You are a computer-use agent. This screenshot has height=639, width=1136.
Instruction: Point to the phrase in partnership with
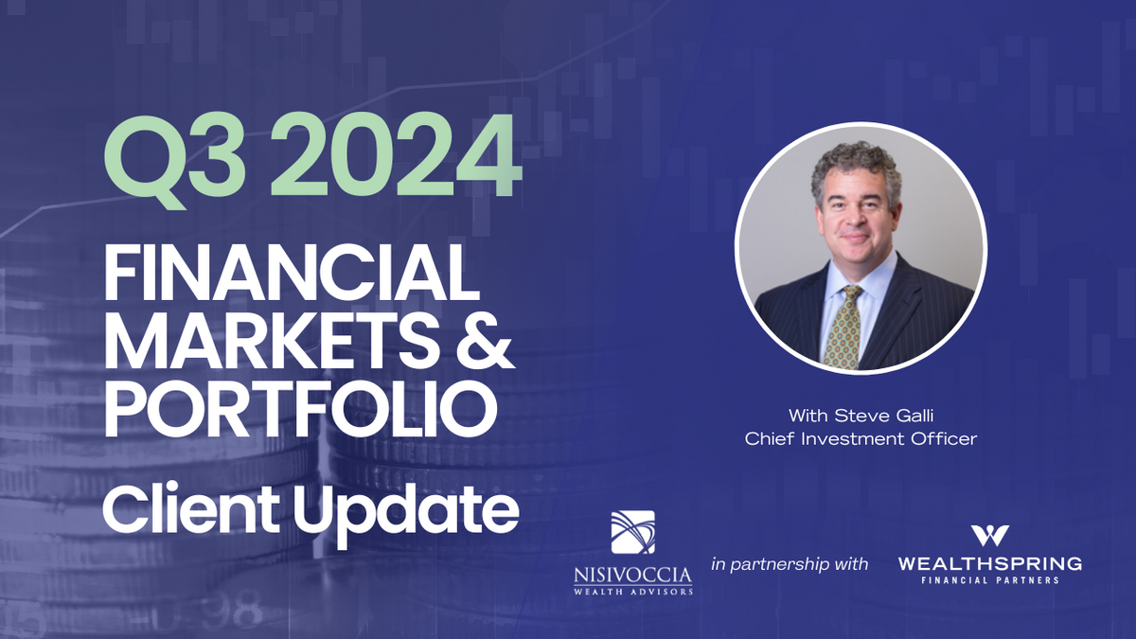pos(790,564)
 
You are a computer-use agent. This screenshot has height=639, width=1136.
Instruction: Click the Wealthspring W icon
pos(989,535)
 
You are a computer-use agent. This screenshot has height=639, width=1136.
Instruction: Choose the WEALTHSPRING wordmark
pos(989,564)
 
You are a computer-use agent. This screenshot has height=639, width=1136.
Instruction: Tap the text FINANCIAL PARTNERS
pos(989,580)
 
